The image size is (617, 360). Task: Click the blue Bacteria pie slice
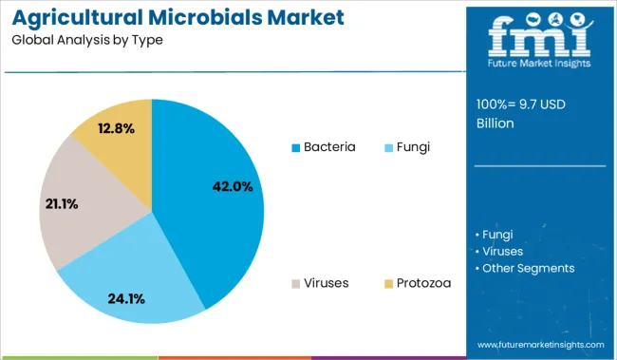pos(214,190)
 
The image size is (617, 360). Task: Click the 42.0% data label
pos(232,187)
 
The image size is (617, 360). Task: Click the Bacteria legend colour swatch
pos(295,148)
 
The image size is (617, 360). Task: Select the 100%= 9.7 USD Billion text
pos(520,114)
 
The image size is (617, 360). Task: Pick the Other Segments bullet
pos(528,268)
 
